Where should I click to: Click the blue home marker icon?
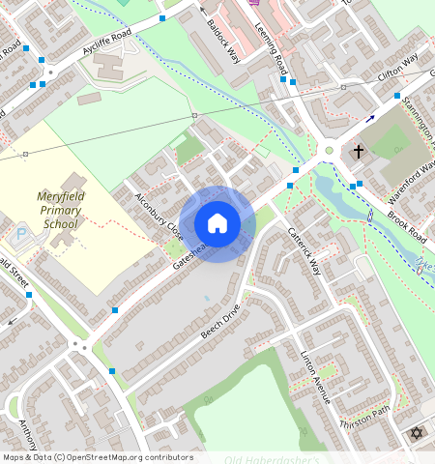pyautogui.click(x=217, y=223)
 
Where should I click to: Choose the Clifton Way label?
pyautogui.click(x=398, y=68)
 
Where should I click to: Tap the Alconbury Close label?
pyautogui.click(x=158, y=217)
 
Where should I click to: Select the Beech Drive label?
pyautogui.click(x=219, y=327)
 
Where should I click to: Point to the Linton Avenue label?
pyautogui.click(x=315, y=377)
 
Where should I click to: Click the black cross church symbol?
pyautogui.click(x=359, y=152)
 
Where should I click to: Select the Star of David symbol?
pyautogui.click(x=417, y=433)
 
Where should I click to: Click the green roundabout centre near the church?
pyautogui.click(x=330, y=150)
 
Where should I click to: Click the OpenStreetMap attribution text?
pyautogui.click(x=97, y=457)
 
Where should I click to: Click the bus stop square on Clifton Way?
pyautogui.click(x=396, y=95)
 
